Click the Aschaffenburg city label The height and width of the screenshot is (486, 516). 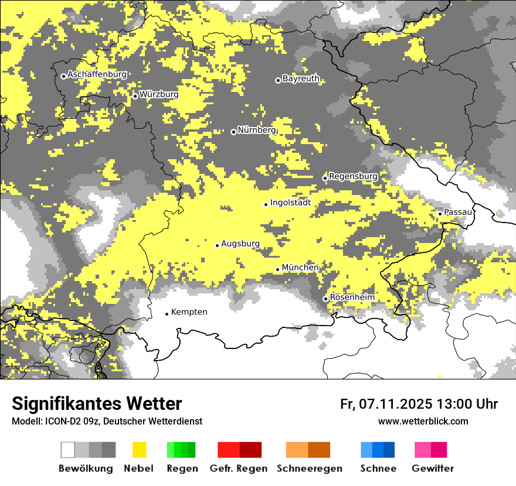97,75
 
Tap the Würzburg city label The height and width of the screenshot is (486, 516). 159,94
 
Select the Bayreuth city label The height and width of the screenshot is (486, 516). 301,78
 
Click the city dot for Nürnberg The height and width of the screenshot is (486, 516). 233,132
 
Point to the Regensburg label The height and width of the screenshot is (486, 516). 353,176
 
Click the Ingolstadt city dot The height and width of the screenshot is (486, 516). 266,204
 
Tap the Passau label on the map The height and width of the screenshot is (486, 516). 457,212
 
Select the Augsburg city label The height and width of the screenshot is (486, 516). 240,244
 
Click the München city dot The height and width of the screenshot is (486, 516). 278,269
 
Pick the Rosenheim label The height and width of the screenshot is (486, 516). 352,297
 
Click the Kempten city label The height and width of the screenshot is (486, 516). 189,312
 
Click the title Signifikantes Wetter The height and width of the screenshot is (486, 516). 97,404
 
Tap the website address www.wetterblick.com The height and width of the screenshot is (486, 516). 423,422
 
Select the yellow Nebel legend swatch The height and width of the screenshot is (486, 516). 139,450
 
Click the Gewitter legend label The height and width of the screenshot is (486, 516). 432,468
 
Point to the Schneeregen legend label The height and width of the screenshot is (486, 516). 310,468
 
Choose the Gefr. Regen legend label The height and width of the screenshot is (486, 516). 239,468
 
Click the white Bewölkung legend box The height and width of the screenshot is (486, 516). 68,450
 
